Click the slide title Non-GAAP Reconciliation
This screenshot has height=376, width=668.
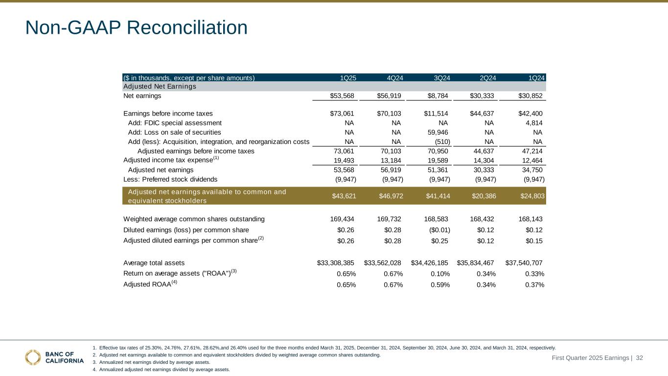tap(136, 27)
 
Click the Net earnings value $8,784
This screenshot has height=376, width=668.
tap(437, 96)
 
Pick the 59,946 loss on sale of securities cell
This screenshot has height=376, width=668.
tap(437, 132)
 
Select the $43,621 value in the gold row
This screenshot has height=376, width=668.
tap(344, 196)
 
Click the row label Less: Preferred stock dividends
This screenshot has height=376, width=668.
tap(170, 179)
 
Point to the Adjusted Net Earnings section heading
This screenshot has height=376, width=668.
tap(160, 87)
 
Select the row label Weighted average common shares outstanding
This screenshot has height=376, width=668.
tap(194, 219)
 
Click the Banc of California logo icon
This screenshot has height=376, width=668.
tap(33, 357)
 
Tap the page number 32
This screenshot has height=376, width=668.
tap(639, 358)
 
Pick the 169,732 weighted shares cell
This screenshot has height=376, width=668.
tap(390, 219)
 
